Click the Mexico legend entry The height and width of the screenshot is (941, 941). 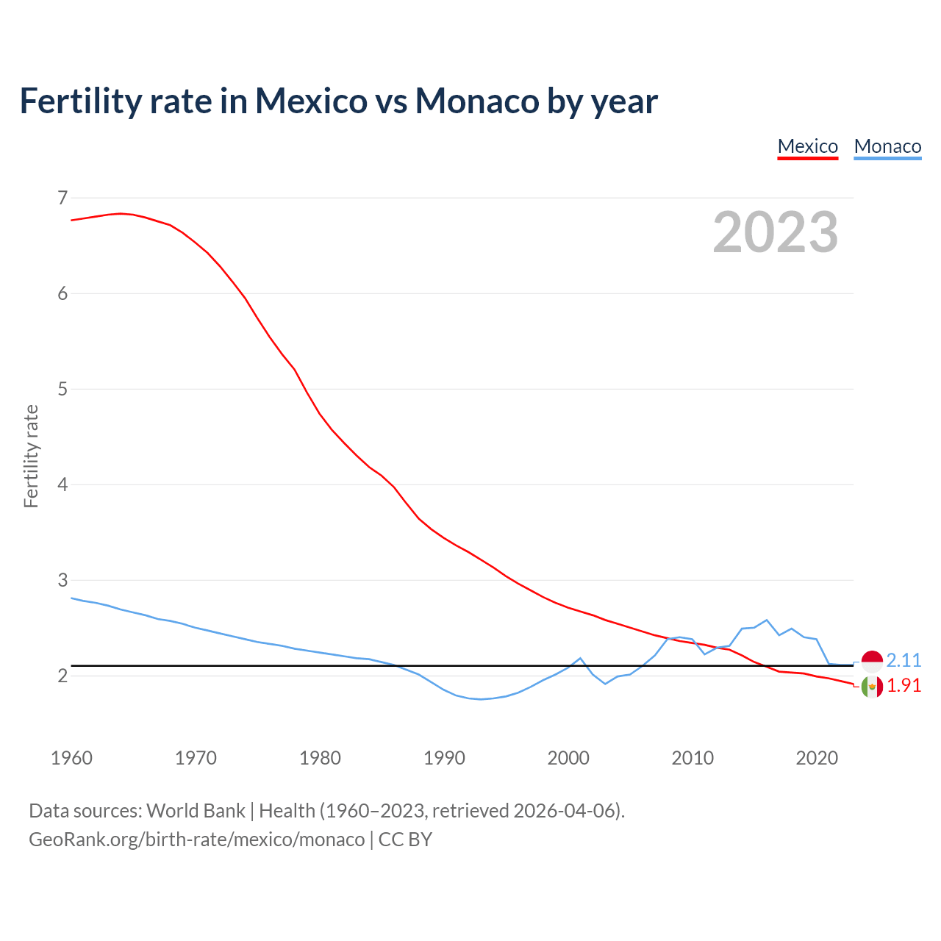point(807,146)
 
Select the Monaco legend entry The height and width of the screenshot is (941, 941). point(887,146)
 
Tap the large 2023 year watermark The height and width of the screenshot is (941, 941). point(775,232)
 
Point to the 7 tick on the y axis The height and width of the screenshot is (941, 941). point(62,198)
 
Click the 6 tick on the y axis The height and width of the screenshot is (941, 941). point(62,293)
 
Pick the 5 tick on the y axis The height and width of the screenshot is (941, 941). point(62,389)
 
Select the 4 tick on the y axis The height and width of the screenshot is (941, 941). point(62,484)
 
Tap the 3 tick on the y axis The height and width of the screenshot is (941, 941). point(62,580)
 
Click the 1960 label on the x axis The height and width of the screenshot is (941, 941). point(71,758)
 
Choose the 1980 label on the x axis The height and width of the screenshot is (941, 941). point(320,758)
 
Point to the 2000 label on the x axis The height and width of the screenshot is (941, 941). point(568,758)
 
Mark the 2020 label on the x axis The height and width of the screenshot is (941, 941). point(817,758)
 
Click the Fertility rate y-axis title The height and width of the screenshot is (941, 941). point(31,456)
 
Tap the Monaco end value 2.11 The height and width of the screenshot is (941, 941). point(904,660)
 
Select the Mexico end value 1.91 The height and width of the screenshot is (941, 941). point(904,685)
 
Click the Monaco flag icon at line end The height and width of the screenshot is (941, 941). point(872,662)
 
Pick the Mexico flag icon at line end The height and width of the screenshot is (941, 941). point(872,687)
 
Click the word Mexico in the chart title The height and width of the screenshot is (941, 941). point(310,101)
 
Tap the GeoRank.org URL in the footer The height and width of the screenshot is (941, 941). point(196,839)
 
